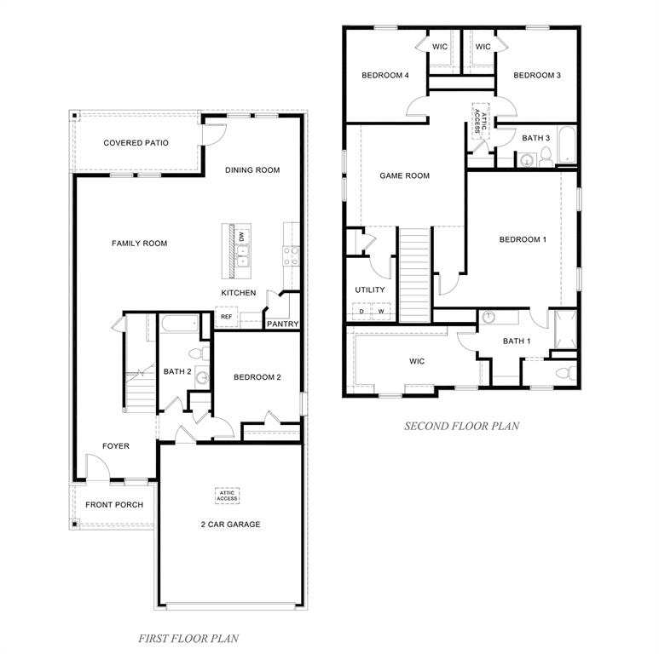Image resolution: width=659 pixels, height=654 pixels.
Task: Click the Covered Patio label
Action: [136, 143]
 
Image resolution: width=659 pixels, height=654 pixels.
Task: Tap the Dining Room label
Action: [252, 170]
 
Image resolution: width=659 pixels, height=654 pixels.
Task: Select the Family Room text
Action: [139, 244]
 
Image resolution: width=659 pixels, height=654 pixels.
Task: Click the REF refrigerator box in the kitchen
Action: [226, 317]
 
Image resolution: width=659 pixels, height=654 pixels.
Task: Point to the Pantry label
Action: [281, 324]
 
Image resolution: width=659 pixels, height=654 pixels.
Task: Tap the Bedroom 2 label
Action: [257, 377]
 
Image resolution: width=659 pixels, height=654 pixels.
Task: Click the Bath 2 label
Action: [177, 371]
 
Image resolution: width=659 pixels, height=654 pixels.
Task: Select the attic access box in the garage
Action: [227, 496]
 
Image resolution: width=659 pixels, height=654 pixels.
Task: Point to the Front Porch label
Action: [114, 505]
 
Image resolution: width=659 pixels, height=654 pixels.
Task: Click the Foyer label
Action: [116, 446]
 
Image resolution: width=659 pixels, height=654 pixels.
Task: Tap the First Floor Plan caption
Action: [188, 637]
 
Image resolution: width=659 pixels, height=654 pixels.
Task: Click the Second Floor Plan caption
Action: [461, 426]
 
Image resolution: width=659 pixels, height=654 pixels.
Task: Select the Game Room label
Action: [404, 176]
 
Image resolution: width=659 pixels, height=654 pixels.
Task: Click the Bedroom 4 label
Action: [385, 76]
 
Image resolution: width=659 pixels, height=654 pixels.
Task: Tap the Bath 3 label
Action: [535, 138]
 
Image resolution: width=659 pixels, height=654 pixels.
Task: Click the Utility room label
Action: [370, 290]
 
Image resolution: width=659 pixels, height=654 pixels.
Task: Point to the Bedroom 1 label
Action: [523, 240]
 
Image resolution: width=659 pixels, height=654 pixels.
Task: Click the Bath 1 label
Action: [516, 341]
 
